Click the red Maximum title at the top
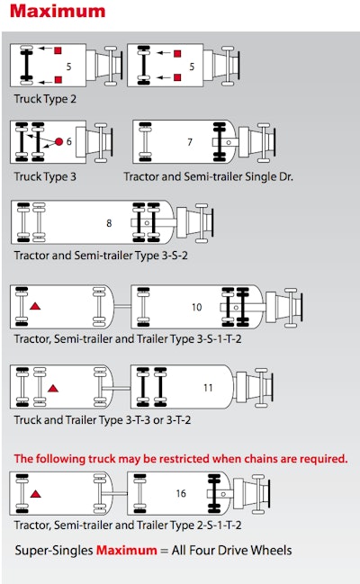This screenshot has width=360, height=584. click(x=58, y=11)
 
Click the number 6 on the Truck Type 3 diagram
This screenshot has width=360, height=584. click(x=69, y=141)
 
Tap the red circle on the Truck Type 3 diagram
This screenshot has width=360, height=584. click(x=58, y=141)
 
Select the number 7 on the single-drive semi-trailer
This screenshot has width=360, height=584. click(x=190, y=142)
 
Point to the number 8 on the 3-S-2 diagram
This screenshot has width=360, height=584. click(x=109, y=223)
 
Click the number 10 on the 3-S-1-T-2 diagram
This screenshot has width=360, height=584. click(x=197, y=307)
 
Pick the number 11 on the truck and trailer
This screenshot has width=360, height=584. click(x=208, y=388)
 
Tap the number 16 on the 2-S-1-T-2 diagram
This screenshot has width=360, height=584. click(x=181, y=493)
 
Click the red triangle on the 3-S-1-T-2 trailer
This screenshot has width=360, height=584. click(x=35, y=307)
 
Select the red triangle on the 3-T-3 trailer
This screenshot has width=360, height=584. click(x=53, y=389)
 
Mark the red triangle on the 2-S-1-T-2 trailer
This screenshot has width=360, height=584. click(x=35, y=494)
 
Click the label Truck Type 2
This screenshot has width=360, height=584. click(x=45, y=99)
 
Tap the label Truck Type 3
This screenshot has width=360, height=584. click(x=45, y=176)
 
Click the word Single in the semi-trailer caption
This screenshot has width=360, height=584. click(x=258, y=177)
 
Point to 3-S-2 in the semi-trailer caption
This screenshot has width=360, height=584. click(x=175, y=256)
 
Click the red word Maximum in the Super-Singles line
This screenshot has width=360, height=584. click(x=127, y=550)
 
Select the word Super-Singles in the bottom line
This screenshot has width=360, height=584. click(x=54, y=551)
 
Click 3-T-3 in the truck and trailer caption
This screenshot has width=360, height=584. click(x=138, y=420)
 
